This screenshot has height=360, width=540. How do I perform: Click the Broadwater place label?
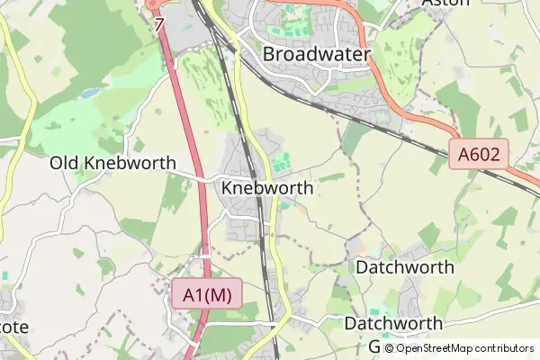click(316, 55)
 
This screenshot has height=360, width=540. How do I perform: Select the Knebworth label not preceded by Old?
click(266, 189)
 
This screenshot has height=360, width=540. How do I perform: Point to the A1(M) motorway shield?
click(206, 294)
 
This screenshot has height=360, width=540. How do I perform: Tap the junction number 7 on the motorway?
click(159, 24)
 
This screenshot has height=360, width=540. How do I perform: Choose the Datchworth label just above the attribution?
click(393, 323)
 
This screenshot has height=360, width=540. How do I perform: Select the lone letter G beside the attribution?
click(374, 346)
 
